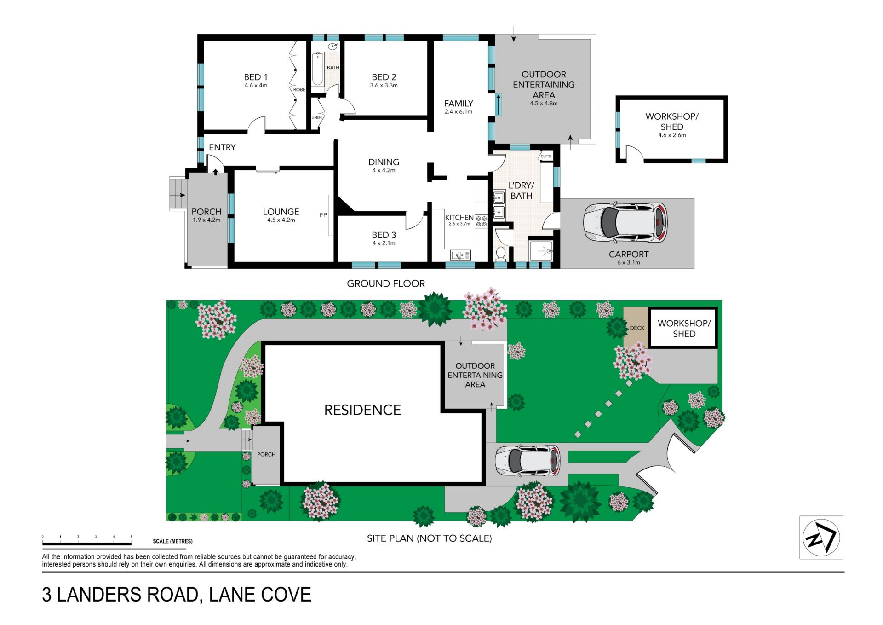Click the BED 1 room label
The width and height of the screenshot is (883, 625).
click(256, 77)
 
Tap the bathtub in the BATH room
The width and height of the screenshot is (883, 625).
click(317, 69)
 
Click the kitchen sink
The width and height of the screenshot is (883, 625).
click(460, 255)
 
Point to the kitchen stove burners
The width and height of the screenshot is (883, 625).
click(482, 221)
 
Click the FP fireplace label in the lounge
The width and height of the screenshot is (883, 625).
click(323, 215)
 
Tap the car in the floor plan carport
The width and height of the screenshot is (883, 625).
click(625, 223)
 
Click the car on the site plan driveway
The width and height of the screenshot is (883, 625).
click(528, 461)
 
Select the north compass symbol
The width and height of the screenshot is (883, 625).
click(821, 537)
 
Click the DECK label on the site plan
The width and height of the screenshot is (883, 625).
click(637, 328)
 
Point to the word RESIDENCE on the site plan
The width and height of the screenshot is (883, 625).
click(362, 410)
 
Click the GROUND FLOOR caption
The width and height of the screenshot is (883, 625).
click(386, 284)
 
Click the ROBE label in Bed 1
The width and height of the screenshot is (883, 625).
click(299, 90)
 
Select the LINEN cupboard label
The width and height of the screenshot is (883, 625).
click(317, 117)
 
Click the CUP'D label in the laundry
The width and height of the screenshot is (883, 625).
click(546, 156)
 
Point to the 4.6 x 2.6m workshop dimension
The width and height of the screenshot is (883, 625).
click(672, 135)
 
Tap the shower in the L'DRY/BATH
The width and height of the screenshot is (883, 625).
click(541, 251)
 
